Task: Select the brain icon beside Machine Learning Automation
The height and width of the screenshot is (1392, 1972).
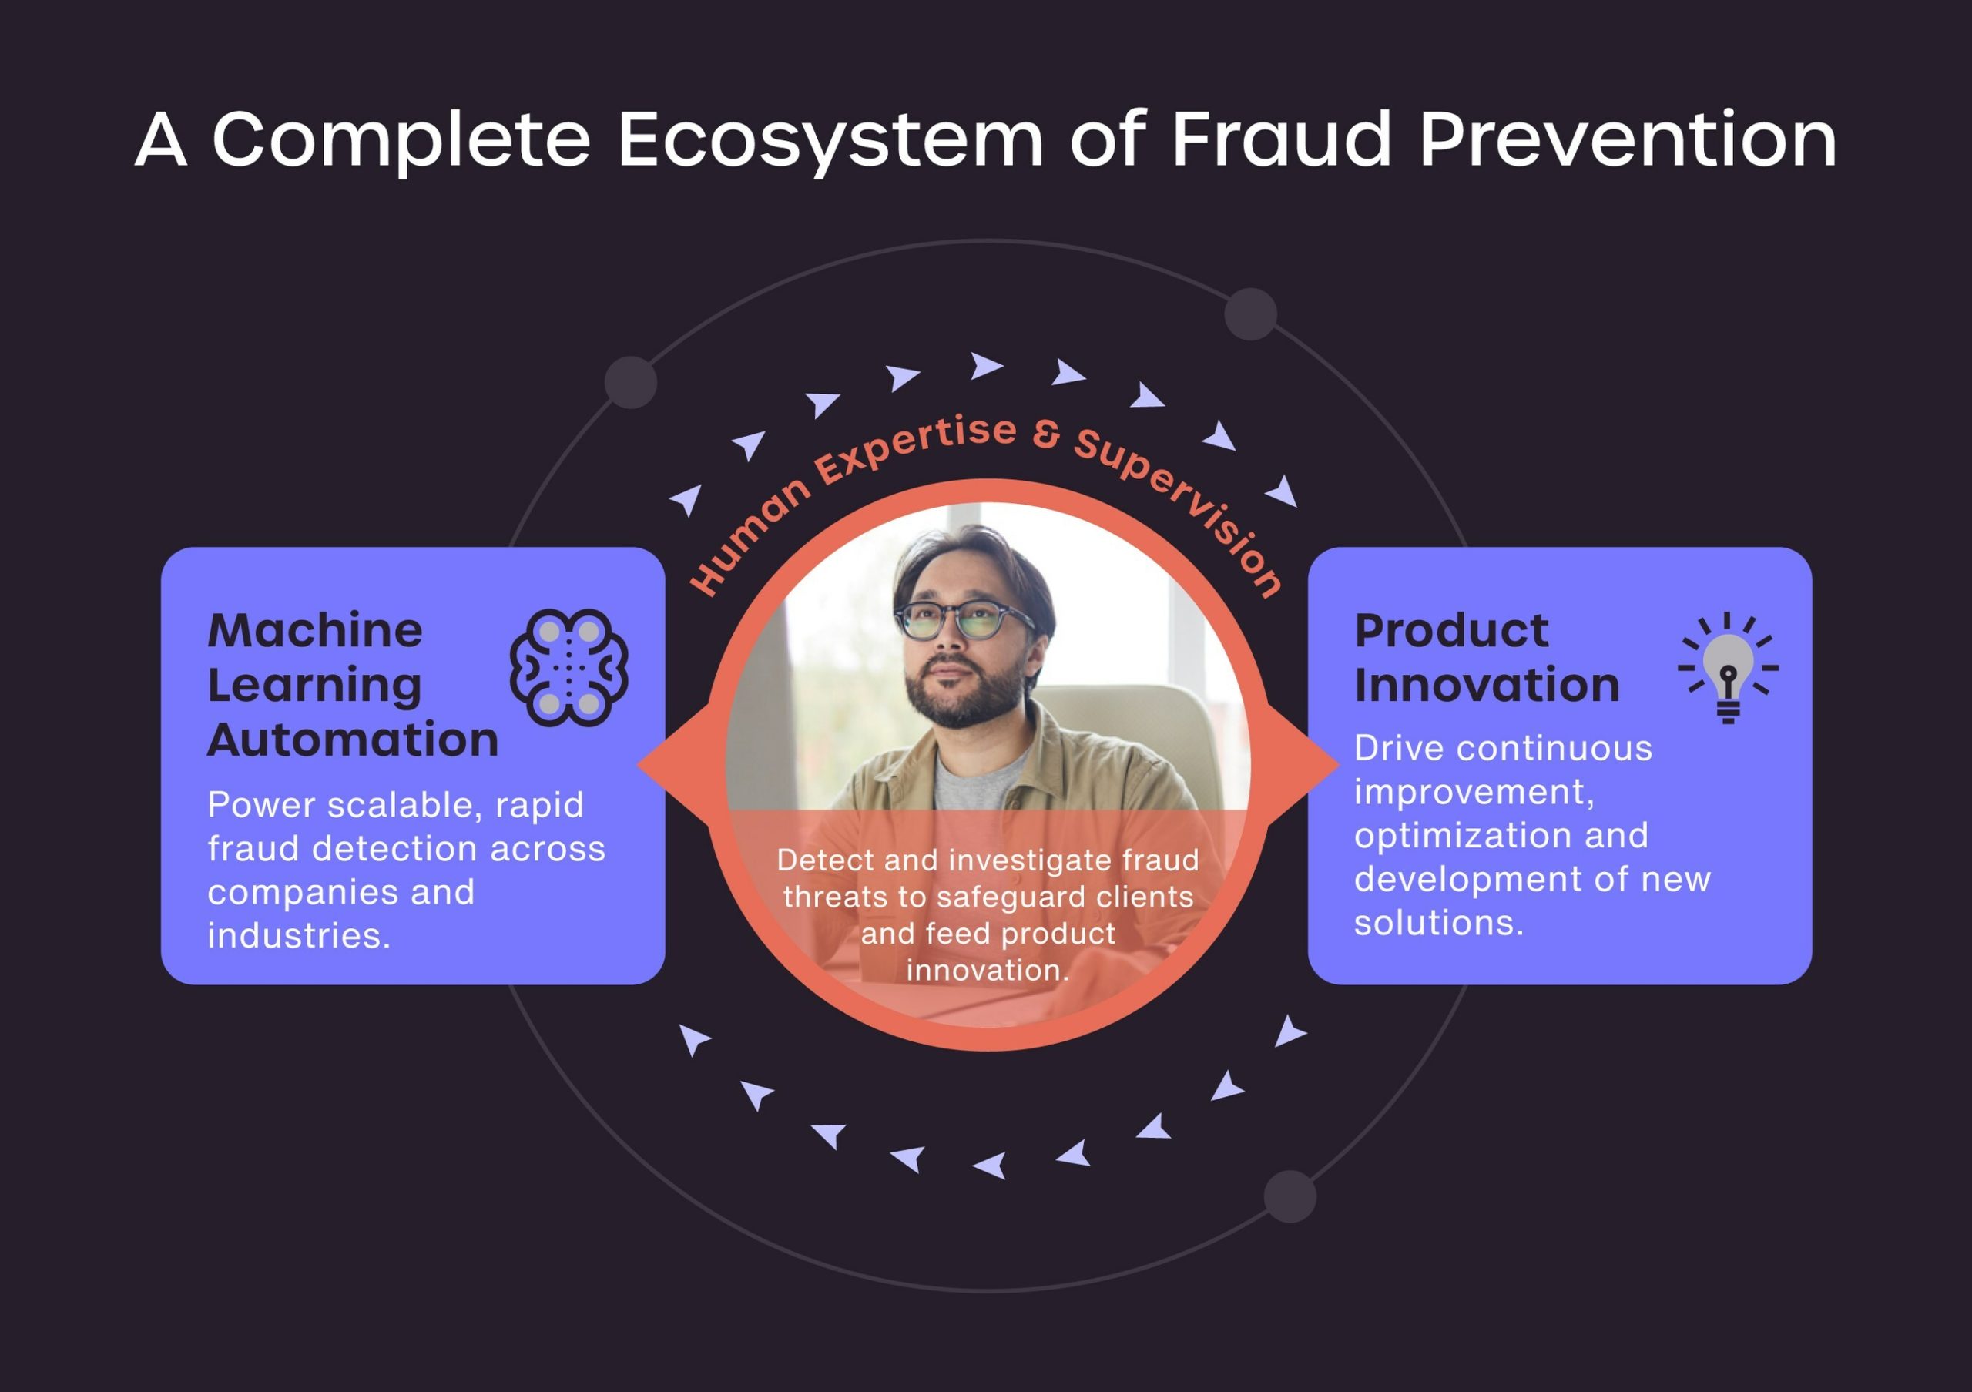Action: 568,668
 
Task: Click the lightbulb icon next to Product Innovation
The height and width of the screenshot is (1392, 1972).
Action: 1728,668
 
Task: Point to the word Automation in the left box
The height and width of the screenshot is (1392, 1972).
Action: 353,740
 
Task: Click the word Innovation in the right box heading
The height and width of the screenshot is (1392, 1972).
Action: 1487,686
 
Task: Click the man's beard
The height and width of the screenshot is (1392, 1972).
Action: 964,694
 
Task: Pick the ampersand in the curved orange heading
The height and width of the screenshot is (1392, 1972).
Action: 1046,434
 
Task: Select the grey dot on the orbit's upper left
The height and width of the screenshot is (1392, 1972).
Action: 630,382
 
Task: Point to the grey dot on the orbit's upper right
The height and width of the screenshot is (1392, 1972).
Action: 1250,314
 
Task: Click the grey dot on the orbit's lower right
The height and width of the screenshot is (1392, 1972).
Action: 1290,1196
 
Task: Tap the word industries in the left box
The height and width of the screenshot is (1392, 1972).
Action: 299,936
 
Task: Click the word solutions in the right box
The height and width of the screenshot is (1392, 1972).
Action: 1439,923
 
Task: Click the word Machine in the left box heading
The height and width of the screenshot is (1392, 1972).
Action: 315,630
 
